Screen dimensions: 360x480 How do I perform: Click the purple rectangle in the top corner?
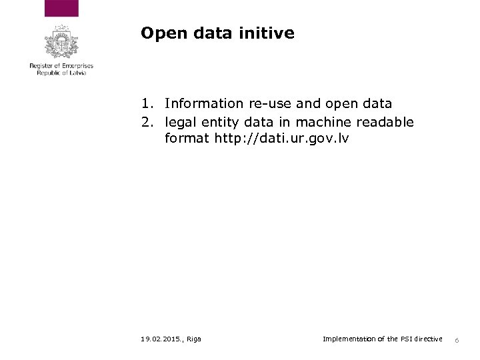point(61,8)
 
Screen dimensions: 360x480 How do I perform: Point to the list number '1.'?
point(148,103)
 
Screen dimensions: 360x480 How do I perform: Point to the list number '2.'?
point(148,122)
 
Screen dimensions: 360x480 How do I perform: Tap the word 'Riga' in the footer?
point(195,339)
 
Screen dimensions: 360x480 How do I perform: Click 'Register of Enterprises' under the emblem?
point(61,67)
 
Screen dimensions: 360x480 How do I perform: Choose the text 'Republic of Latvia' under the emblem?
point(61,73)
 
